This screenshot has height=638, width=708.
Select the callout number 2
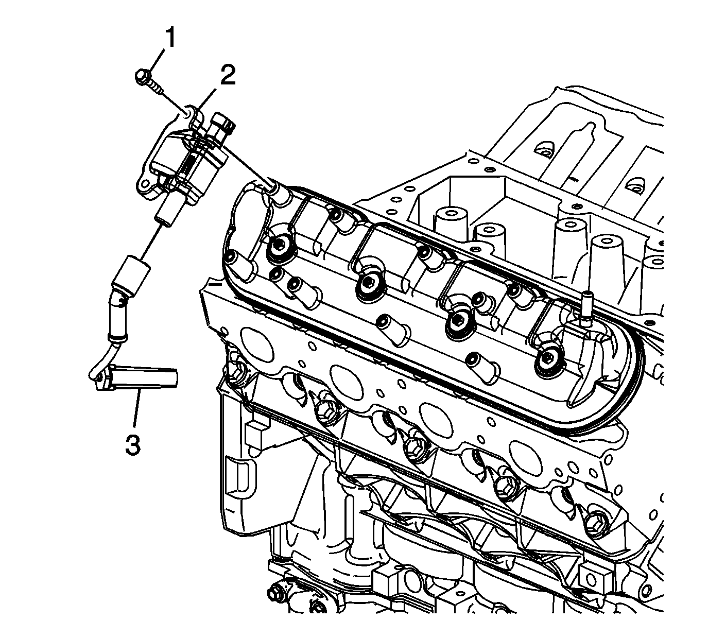click(228, 75)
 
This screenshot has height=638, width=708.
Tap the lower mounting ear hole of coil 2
click(144, 184)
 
